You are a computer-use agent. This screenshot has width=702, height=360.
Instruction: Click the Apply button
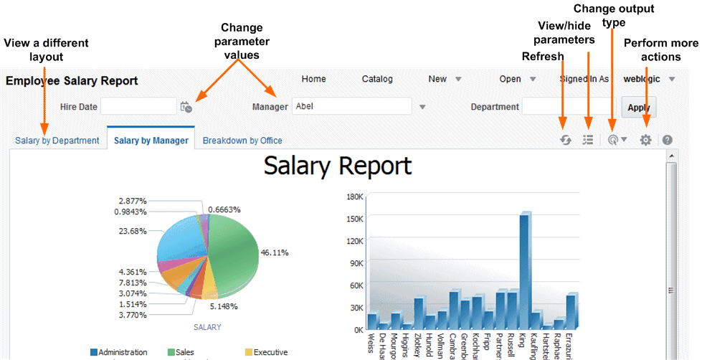[638, 107]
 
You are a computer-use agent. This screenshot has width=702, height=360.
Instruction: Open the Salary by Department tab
[57, 141]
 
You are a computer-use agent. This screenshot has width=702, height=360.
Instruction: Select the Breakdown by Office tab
[242, 141]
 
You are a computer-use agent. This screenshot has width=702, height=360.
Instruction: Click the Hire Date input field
[138, 107]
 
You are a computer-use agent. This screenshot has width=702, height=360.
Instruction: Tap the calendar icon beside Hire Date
[186, 107]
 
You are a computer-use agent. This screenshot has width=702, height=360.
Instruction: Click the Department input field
[569, 107]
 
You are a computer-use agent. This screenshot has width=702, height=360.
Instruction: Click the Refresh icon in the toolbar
[566, 141]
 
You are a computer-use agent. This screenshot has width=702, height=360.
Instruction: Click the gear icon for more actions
[645, 141]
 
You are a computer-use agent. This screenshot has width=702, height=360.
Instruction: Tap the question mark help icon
[668, 141]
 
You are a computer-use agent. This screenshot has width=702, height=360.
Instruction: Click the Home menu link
[313, 79]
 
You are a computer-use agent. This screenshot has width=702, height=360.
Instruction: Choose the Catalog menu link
[377, 79]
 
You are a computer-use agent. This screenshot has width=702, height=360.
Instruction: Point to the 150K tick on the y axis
[355, 218]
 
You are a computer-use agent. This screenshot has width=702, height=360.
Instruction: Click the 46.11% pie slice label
[275, 253]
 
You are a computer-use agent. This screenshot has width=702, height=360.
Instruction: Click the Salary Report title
[338, 166]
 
